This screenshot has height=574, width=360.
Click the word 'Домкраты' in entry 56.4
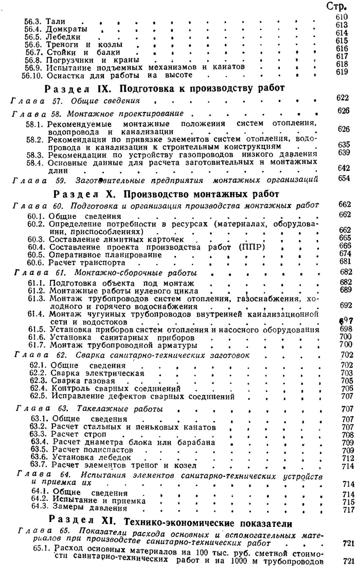[66, 29]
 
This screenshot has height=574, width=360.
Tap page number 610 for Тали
[342, 17]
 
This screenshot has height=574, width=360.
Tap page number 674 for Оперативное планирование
[345, 253]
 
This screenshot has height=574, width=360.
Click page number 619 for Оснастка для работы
[342, 72]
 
